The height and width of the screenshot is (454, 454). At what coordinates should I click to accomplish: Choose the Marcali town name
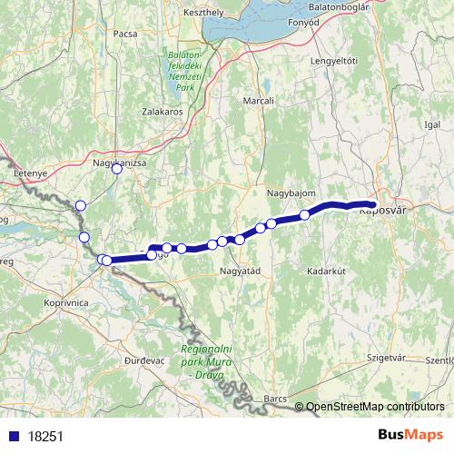pos(259,101)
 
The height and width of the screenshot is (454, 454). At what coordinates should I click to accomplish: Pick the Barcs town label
pos(276,399)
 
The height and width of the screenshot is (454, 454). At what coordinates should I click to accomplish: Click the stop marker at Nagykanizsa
pos(116,168)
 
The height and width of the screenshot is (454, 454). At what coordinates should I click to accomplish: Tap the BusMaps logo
pos(405,436)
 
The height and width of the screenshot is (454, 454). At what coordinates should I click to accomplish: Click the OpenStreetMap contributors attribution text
pos(374,407)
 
